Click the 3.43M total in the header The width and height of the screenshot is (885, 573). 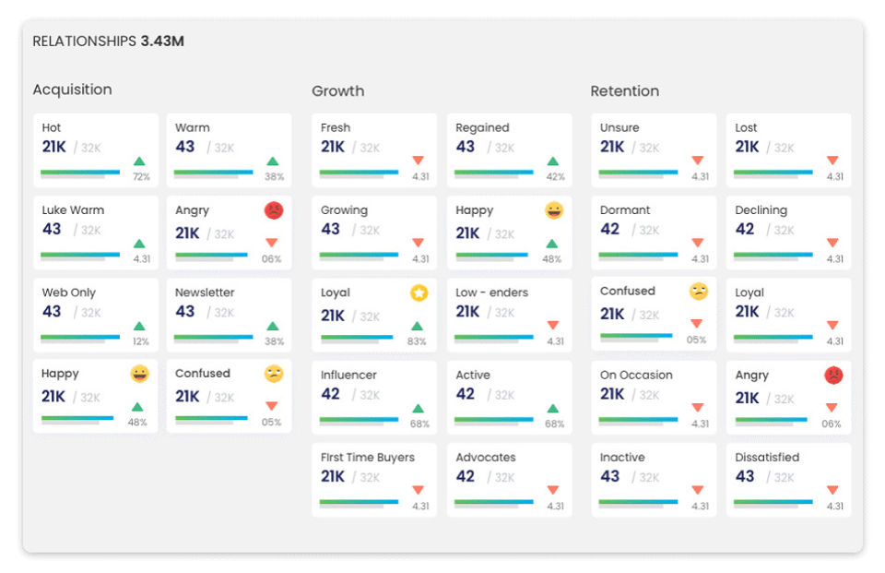coord(162,42)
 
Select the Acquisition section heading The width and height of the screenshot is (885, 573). coord(72,90)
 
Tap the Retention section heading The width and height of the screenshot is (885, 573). coord(624,91)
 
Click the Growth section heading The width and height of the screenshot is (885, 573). coord(337,91)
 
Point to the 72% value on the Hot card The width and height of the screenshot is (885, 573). coord(141,177)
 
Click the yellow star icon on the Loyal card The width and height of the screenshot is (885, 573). coord(419,292)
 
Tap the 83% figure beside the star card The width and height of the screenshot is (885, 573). coord(417,341)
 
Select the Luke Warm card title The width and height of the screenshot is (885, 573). coord(73,210)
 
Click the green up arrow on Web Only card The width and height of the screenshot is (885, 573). coord(139,326)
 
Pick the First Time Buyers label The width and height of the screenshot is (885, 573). coord(368,457)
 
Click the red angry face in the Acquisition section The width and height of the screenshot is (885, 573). coord(274,210)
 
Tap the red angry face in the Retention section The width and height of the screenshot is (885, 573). coord(833,376)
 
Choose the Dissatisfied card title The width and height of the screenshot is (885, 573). coord(767,457)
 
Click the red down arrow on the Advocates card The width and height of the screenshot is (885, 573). coord(553,490)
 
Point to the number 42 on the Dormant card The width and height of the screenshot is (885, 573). coord(609,229)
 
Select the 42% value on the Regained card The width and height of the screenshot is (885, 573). coord(555,177)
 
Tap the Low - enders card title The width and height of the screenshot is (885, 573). coord(491,292)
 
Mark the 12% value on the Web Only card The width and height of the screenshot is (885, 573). coord(140,341)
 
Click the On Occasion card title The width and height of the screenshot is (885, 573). coord(636,376)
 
